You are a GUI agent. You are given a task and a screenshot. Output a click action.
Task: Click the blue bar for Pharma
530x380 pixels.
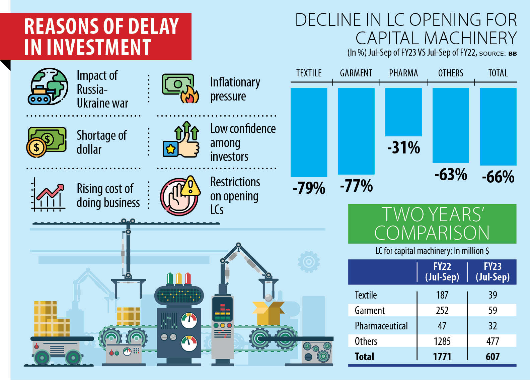pyautogui.click(x=403, y=112)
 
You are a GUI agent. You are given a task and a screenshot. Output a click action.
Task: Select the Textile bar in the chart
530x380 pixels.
pyautogui.click(x=309, y=132)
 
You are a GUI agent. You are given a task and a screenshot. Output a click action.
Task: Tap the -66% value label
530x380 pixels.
pyautogui.click(x=498, y=177)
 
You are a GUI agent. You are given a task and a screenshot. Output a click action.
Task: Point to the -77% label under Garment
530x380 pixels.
pyautogui.click(x=356, y=186)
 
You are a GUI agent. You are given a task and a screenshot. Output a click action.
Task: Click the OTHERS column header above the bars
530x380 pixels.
pyautogui.click(x=451, y=73)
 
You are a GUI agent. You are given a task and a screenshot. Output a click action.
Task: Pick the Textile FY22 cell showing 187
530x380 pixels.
pyautogui.click(x=442, y=295)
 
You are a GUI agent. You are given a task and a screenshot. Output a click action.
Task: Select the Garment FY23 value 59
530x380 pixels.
pyautogui.click(x=493, y=310)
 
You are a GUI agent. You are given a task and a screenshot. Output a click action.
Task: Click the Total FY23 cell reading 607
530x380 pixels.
pyautogui.click(x=493, y=357)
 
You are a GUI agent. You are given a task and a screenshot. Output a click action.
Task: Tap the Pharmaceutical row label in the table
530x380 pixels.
pyautogui.click(x=381, y=326)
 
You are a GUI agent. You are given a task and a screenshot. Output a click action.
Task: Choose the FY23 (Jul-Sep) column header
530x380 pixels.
pyautogui.click(x=493, y=272)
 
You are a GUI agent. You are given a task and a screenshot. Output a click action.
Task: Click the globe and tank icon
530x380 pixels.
pyautogui.click(x=48, y=86)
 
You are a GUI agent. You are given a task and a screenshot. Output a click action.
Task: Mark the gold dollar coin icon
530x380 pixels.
pyautogui.click(x=36, y=147)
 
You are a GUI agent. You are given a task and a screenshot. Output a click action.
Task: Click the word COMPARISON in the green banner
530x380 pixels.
pyautogui.click(x=432, y=233)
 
